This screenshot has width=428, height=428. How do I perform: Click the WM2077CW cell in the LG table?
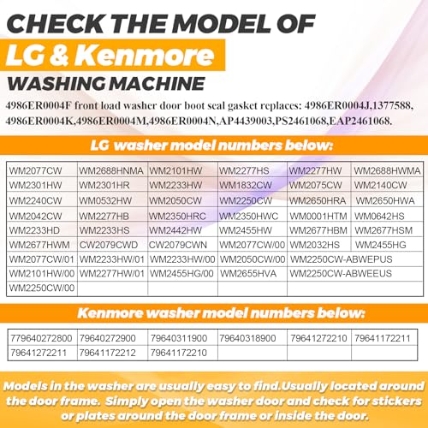pyautogui.click(x=35, y=170)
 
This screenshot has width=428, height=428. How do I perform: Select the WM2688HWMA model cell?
pyautogui.click(x=387, y=170)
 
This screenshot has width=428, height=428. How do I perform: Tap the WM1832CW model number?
pyautogui.click(x=246, y=185)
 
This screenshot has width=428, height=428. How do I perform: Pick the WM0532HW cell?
pyautogui.click(x=105, y=200)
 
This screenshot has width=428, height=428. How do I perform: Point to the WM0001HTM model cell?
pyautogui.click(x=318, y=216)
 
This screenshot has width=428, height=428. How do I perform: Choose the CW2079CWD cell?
pyautogui.click(x=109, y=245)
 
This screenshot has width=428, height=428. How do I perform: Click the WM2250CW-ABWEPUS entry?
pyautogui.click(x=341, y=259)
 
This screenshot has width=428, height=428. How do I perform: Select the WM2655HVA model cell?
pyautogui.click(x=248, y=274)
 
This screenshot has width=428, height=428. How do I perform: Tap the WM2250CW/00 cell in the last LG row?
pyautogui.click(x=42, y=288)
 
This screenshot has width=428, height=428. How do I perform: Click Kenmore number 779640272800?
pyautogui.click(x=41, y=338)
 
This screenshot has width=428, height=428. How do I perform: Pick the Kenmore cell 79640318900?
pyautogui.click(x=247, y=338)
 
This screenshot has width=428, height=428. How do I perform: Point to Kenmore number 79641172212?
pyautogui.click(x=107, y=353)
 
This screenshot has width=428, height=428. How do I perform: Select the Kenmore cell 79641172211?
pyautogui.click(x=383, y=338)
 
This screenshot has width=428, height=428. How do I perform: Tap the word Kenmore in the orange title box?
pyautogui.click(x=145, y=55)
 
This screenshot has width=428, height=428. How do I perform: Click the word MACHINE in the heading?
pyautogui.click(x=158, y=84)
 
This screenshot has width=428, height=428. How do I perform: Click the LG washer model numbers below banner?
pyautogui.click(x=211, y=146)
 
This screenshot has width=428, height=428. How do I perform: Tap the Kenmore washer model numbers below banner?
pyautogui.click(x=221, y=313)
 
